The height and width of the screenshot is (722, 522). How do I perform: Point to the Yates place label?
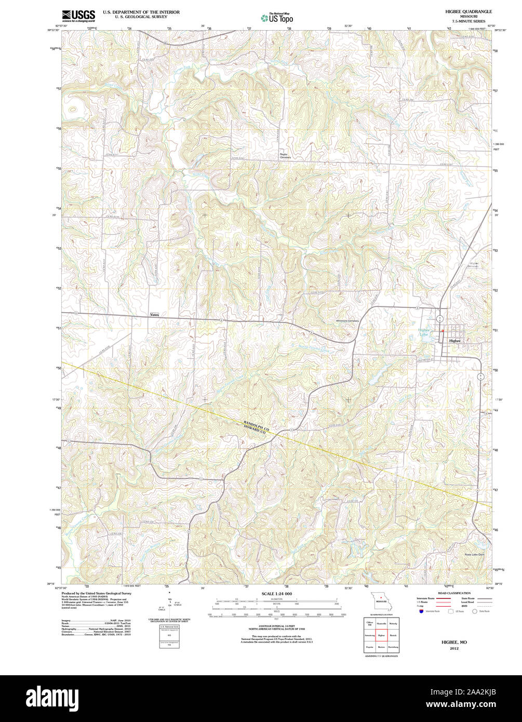click(x=155, y=315)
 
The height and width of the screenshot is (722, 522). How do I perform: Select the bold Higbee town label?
click(x=455, y=341)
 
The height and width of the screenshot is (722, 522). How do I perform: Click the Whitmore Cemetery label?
click(x=347, y=320)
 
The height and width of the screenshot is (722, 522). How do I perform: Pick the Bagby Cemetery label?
click(x=285, y=156)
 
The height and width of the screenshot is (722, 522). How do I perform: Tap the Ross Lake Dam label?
click(x=474, y=555)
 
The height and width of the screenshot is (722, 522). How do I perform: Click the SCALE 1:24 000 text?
click(x=277, y=593)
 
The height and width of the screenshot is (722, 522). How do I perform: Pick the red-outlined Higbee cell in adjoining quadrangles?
click(x=381, y=635)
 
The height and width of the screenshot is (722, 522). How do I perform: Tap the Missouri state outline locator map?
click(x=381, y=602)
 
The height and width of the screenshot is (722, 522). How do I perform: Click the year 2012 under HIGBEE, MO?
click(x=454, y=649)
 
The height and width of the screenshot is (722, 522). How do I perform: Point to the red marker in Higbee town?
click(x=442, y=331)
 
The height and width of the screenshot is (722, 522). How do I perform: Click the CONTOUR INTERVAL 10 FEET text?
click(x=277, y=625)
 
